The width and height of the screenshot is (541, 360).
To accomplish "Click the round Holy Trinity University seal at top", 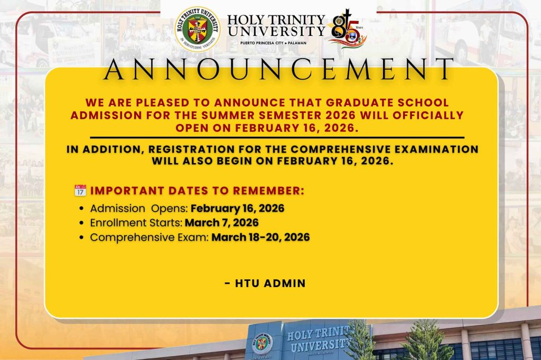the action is (197, 29).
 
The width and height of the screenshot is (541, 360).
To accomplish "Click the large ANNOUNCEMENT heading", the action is (278, 69).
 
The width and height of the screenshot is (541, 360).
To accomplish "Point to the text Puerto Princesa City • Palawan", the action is (273, 43).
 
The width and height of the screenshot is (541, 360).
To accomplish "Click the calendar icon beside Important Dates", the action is (80, 191).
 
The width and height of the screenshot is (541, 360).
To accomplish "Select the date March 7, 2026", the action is (221, 223).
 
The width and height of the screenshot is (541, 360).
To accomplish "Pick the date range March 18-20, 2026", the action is (260, 237).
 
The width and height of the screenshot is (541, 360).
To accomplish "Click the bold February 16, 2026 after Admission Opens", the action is (237, 209).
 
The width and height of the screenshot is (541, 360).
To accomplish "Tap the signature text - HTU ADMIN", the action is (265, 283).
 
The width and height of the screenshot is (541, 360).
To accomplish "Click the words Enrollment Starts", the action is (136, 223).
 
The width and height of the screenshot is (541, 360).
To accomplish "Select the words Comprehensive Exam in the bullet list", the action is (149, 238).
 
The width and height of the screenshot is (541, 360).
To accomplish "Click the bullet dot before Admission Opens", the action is (81, 209).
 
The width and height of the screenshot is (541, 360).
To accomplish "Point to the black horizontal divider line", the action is (277, 138).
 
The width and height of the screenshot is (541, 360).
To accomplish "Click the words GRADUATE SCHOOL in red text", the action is (387, 102).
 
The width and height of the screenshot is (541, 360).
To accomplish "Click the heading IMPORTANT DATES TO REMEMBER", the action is (198, 191).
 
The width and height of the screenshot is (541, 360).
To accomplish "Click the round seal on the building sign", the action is (262, 344).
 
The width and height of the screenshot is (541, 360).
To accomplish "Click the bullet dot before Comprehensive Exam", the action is (81, 238).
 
